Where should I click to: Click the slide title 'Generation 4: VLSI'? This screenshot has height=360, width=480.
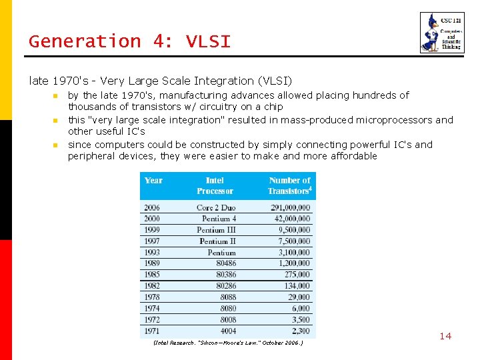coord(129,41)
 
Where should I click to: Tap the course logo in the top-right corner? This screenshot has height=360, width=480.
coord(437,33)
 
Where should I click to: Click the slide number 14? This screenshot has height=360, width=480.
coord(445,336)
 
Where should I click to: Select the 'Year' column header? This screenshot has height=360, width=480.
coord(153,180)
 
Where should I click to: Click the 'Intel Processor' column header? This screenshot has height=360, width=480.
coord(215,185)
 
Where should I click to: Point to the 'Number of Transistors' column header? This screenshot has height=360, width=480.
coord(290,185)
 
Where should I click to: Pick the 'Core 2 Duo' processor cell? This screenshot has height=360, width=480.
coord(216,207)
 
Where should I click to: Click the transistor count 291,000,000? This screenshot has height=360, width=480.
coord(291,207)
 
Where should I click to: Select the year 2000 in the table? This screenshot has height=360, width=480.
coord(152,219)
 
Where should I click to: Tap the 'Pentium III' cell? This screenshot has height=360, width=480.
coord(216,230)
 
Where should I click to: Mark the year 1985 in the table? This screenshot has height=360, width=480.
coord(152,275)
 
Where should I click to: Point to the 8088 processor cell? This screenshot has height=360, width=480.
coord(227,297)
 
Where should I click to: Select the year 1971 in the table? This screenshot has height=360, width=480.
coord(152,331)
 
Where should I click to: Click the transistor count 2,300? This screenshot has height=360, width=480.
coord(301,331)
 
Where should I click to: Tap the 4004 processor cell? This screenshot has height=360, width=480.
coord(227,331)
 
